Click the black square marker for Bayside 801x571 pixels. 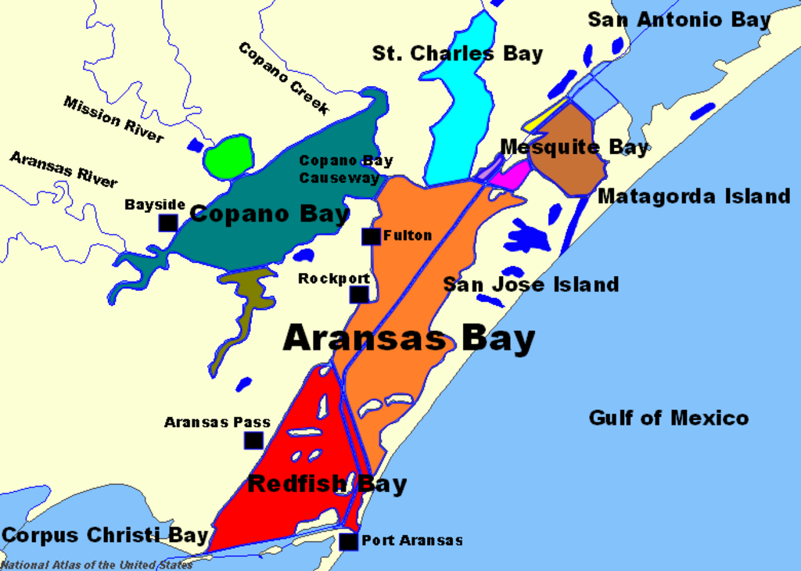pyautogui.click(x=168, y=223)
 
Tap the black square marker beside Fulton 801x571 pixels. pyautogui.click(x=371, y=236)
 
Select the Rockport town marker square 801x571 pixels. pyautogui.click(x=358, y=294)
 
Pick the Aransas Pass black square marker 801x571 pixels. pyautogui.click(x=253, y=440)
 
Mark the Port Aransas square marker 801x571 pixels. pyautogui.click(x=348, y=541)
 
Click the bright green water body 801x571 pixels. pyautogui.click(x=228, y=156)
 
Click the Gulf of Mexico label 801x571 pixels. pyautogui.click(x=668, y=418)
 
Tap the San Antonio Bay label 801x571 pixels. pyautogui.click(x=679, y=20)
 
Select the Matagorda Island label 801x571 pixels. pyautogui.click(x=694, y=196)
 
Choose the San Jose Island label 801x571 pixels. pyautogui.click(x=531, y=285)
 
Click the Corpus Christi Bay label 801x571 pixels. pyautogui.click(x=105, y=536)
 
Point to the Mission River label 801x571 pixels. pyautogui.click(x=113, y=120)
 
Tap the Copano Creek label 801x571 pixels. pyautogui.click(x=283, y=78)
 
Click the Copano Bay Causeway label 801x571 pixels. pyautogui.click(x=346, y=169)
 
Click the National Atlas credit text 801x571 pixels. pyautogui.click(x=96, y=565)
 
